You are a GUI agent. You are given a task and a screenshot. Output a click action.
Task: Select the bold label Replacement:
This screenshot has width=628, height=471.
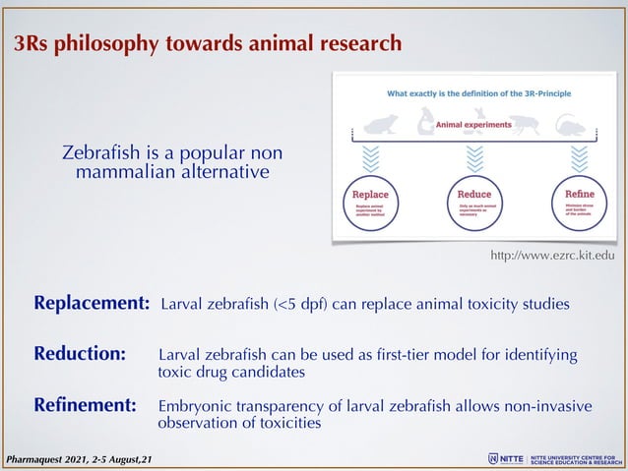(x=92, y=303)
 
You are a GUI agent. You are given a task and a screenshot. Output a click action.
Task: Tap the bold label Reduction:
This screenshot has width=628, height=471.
(x=80, y=354)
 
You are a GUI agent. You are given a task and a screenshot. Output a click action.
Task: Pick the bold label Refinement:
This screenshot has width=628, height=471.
(x=85, y=404)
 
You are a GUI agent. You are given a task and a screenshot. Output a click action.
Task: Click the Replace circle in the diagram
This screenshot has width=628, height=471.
(x=370, y=203)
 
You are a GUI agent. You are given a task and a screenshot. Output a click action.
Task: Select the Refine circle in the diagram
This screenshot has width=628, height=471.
(x=579, y=203)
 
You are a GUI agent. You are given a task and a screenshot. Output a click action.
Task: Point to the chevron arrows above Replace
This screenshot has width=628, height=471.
(x=371, y=156)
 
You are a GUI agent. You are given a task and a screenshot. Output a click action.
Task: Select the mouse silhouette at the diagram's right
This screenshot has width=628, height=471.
(x=570, y=122)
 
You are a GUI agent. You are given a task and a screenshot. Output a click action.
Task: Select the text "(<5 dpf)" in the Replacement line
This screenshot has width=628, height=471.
(x=302, y=304)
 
